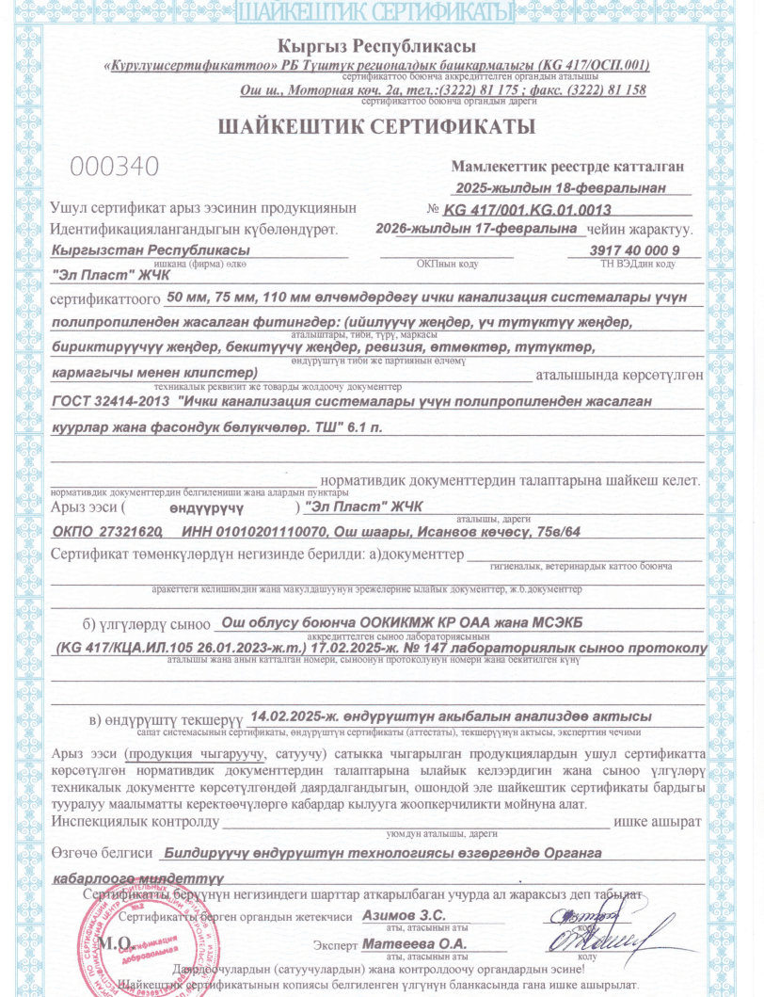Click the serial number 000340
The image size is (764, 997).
115,166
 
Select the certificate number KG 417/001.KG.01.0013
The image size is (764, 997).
528,210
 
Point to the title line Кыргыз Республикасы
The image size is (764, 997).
376,46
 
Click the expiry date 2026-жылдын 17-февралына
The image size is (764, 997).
475,229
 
